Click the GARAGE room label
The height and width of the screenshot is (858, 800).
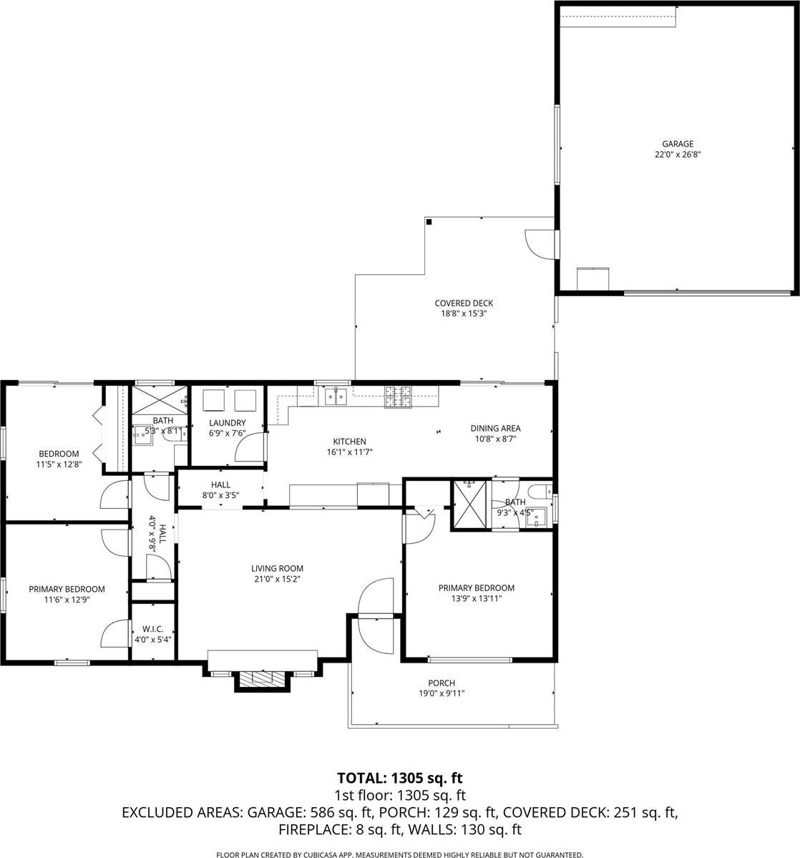point(677,144)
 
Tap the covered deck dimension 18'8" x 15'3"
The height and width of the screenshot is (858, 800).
point(464,313)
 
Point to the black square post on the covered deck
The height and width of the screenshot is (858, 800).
point(429,223)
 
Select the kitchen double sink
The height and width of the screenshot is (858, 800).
point(336,395)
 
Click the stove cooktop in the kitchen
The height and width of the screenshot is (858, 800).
point(399,397)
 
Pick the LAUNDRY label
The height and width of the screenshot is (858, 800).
point(227,423)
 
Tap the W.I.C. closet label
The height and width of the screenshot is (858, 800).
point(153,629)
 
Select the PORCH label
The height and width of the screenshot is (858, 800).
point(442,683)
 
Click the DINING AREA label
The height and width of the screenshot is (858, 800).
point(494,428)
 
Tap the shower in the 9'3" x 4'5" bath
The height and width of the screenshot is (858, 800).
point(470,505)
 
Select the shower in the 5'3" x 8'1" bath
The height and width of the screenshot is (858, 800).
point(160,399)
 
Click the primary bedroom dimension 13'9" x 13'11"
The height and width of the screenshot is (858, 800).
point(476,598)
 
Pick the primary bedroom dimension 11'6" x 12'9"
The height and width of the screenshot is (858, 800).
point(67,600)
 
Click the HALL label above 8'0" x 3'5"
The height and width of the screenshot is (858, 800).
point(220,484)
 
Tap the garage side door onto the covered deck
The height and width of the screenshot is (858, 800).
point(542,244)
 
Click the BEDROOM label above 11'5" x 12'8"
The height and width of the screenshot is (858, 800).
point(59,454)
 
